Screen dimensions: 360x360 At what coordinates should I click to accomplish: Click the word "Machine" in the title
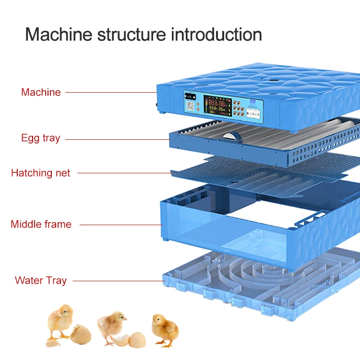click(x=59, y=35)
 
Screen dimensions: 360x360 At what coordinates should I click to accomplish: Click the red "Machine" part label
click(x=41, y=92)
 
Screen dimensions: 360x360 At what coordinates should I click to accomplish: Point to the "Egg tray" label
click(x=40, y=138)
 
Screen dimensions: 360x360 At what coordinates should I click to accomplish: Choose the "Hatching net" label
click(x=40, y=173)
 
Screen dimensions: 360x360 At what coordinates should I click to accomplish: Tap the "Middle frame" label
click(x=41, y=224)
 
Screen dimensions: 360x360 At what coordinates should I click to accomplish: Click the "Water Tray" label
click(x=40, y=280)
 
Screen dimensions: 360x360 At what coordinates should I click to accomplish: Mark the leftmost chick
click(x=60, y=322)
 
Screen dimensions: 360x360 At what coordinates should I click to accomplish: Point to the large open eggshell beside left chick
click(x=80, y=334)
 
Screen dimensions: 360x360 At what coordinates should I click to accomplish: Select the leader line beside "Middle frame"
click(x=120, y=224)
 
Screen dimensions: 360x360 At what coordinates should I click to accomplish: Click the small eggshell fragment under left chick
click(x=54, y=343)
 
